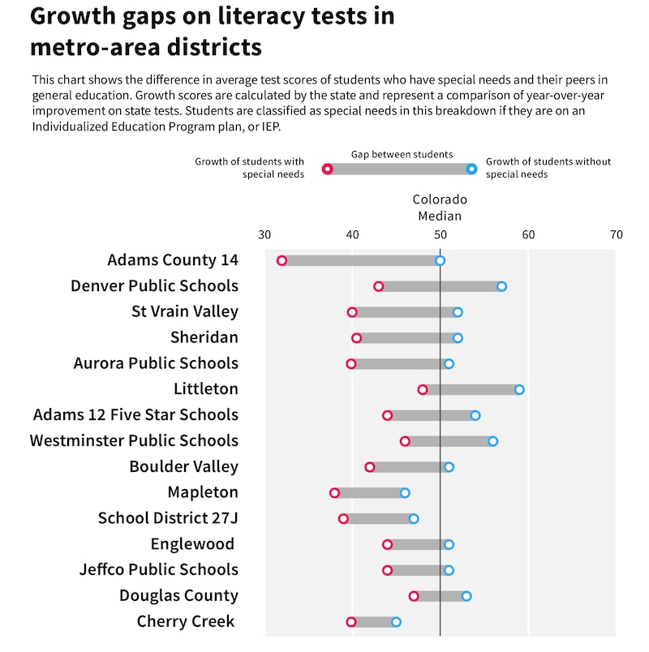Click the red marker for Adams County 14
click(282, 260)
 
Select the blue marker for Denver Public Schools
click(501, 286)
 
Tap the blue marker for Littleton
click(519, 389)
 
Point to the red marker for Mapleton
click(334, 493)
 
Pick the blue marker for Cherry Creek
click(396, 622)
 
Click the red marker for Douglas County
click(414, 596)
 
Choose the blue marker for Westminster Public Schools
click(492, 441)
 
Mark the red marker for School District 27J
click(343, 519)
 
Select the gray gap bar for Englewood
click(418, 544)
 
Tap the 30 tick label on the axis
click(264, 235)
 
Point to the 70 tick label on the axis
click(616, 235)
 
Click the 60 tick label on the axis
click(528, 235)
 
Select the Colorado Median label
click(440, 208)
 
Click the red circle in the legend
click(327, 169)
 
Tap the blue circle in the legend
click(471, 169)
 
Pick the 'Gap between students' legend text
click(402, 154)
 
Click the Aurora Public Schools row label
click(156, 363)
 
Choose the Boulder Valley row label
click(183, 466)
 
